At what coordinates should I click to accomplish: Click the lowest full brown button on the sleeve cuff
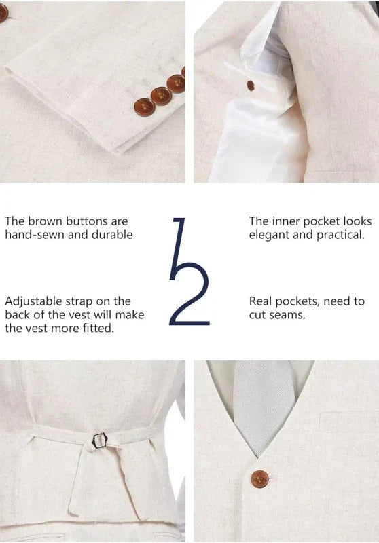click(x=144, y=107)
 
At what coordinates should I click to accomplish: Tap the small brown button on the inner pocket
click(x=251, y=86)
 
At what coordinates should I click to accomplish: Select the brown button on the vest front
click(x=259, y=479)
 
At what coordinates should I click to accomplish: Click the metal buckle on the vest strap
click(x=100, y=441)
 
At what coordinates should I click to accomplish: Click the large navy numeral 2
click(x=189, y=294)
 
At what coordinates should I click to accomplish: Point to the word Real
click(x=261, y=301)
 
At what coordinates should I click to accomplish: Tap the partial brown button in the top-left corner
click(x=3, y=13)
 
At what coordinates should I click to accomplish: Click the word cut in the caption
click(x=257, y=315)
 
